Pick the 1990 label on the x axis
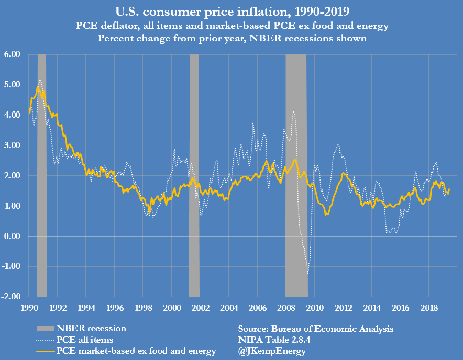(x=29, y=308)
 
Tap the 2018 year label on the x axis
(x=429, y=308)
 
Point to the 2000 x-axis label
(x=172, y=308)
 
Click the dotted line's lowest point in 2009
(x=308, y=273)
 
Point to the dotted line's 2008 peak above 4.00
(x=293, y=111)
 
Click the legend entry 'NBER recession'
(x=91, y=329)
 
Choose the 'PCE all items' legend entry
(x=85, y=340)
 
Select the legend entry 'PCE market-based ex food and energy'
(x=136, y=351)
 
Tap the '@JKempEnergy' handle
(x=271, y=351)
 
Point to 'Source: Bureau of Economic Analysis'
(x=315, y=329)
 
